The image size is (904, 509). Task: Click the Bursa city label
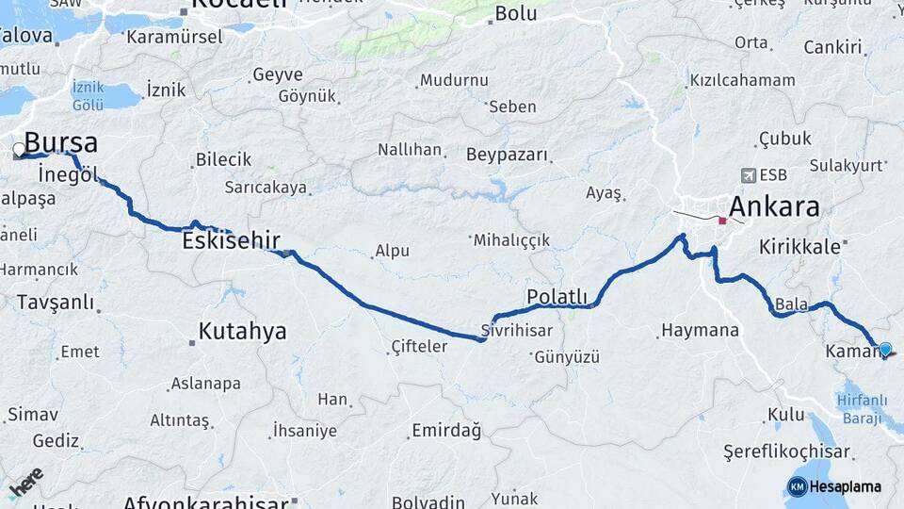[60, 143]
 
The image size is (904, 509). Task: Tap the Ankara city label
[774, 207]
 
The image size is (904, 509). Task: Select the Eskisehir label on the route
[231, 241]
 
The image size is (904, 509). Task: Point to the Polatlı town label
[557, 297]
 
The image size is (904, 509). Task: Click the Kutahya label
[242, 332]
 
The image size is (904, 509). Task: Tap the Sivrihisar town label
[517, 331]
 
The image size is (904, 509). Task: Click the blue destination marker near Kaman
[884, 350]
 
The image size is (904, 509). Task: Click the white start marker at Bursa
[19, 149]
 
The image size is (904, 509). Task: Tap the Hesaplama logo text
[845, 486]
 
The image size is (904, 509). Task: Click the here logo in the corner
[25, 481]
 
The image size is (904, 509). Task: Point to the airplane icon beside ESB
[749, 174]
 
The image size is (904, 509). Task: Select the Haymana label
[700, 331]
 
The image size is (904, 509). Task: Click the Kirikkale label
[799, 246]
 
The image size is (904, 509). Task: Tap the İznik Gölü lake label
[89, 94]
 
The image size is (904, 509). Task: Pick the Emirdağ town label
[446, 431]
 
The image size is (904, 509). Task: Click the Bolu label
[515, 13]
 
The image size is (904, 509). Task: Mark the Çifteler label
[419, 347]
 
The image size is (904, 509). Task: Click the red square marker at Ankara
[722, 221]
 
